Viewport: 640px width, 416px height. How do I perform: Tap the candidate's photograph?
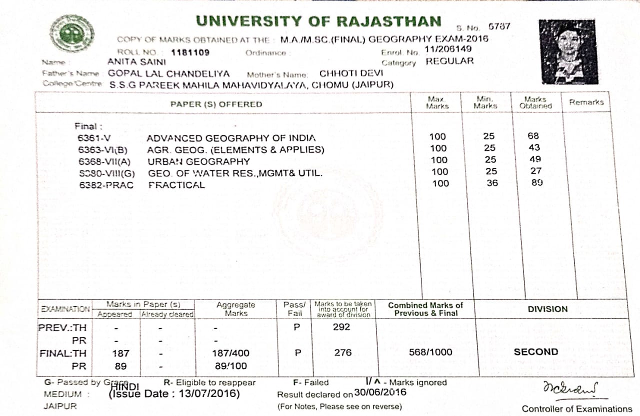568,52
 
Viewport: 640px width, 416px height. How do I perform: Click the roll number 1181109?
190,52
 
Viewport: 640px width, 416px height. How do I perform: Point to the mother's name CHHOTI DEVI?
351,73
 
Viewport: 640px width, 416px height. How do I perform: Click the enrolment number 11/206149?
447,49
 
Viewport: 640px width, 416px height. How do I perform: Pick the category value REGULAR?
449,61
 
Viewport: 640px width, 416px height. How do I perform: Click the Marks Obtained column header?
535,102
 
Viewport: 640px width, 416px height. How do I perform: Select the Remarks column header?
586,102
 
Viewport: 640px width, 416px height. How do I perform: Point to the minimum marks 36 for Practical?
492,183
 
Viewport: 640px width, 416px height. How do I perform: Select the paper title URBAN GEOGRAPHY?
198,161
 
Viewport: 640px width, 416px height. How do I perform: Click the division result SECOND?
536,352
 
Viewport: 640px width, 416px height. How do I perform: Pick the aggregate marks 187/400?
230,353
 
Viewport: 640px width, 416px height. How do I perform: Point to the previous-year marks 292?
342,327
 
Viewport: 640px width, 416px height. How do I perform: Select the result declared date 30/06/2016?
380,393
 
